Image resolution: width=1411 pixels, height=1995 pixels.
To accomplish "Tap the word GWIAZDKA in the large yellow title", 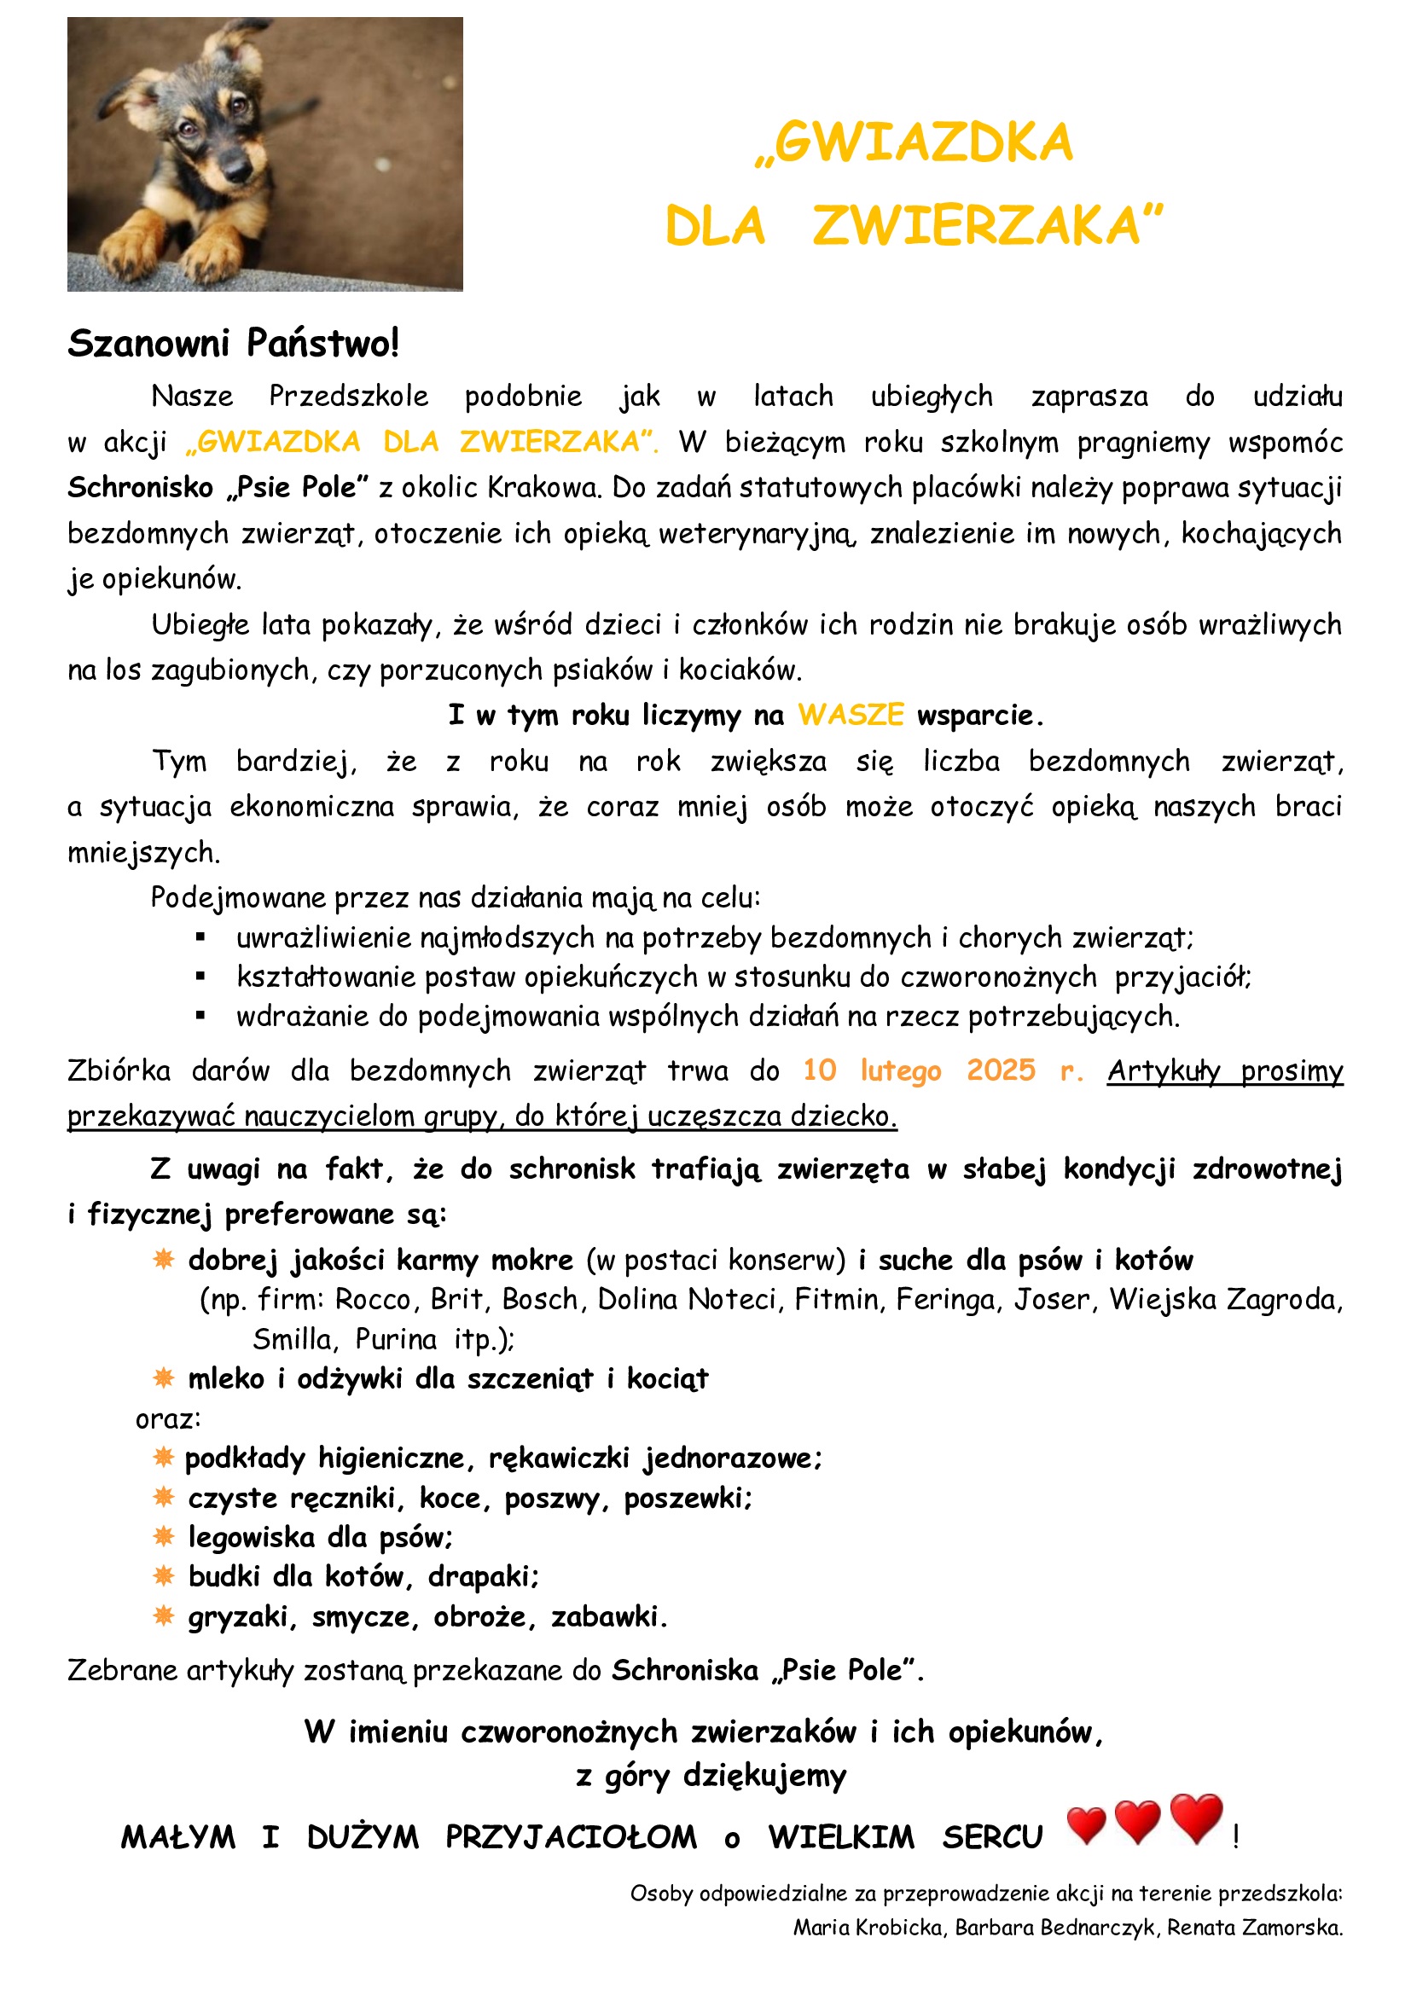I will (x=923, y=143).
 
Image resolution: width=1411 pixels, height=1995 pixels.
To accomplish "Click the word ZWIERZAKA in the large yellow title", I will (x=987, y=227).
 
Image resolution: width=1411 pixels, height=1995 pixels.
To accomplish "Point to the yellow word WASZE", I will (x=851, y=715).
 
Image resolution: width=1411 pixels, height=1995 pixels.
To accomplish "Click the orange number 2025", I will (x=1001, y=1070).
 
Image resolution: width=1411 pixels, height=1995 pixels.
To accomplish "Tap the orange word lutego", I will (x=900, y=1071).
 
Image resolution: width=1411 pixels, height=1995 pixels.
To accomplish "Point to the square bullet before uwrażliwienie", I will (x=200, y=937).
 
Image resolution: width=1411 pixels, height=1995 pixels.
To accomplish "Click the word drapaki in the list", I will (x=482, y=1576).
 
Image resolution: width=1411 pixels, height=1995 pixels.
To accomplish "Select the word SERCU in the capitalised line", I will (x=992, y=1837).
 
